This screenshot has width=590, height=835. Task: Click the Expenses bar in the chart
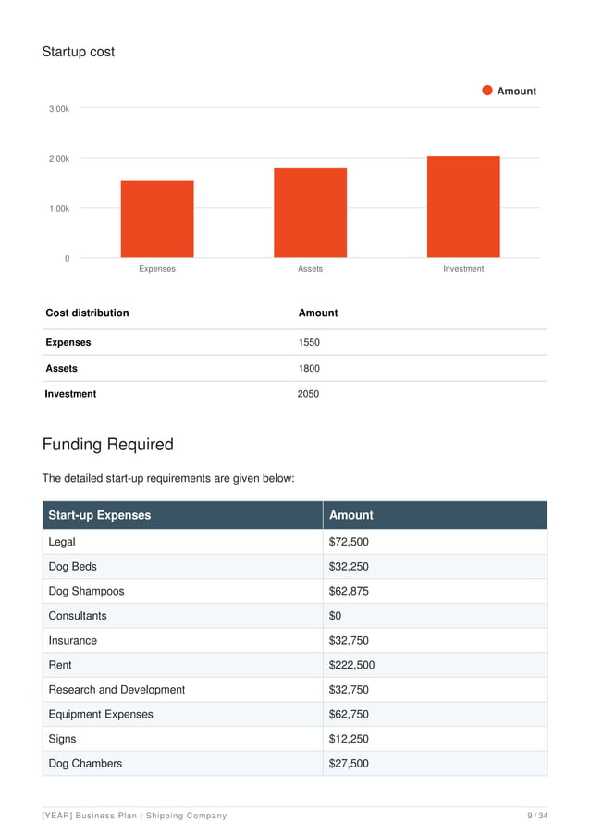157,219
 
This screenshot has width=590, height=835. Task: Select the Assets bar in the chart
310,213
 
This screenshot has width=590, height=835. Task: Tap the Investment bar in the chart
463,207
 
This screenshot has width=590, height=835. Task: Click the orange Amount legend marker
487,91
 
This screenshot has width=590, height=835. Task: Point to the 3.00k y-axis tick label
59,109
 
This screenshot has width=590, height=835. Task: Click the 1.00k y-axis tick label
59,209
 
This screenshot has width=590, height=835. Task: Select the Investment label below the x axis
463,269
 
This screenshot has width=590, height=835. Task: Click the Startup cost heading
79,52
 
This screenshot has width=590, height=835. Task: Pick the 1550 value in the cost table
309,342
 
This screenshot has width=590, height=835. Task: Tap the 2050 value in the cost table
308,394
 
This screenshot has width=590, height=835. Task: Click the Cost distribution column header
87,313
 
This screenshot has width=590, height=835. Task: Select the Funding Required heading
108,445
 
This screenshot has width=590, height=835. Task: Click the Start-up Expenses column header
99,515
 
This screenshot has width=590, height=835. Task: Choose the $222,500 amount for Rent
351,665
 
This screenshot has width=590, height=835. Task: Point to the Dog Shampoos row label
86,591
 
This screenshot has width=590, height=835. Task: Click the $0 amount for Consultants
336,616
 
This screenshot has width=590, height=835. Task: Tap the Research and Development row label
117,690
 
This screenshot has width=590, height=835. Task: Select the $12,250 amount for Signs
349,739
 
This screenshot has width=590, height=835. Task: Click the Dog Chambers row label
85,764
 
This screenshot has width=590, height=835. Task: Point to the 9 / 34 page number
537,816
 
